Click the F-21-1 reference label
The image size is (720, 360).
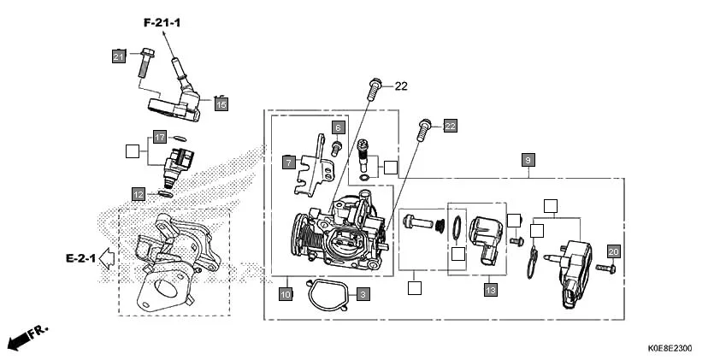click(x=162, y=22)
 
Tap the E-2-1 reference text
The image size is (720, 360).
click(x=80, y=257)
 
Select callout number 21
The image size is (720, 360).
click(x=118, y=56)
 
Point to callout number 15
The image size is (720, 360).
click(x=221, y=104)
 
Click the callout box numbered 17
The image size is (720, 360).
click(x=159, y=137)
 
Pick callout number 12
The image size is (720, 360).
click(x=138, y=193)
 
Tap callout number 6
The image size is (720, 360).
click(x=338, y=127)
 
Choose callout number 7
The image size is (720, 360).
click(x=289, y=160)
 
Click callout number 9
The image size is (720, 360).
click(x=528, y=160)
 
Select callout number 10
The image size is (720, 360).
click(x=286, y=294)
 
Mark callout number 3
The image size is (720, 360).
click(x=363, y=294)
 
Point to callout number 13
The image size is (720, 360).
click(x=490, y=291)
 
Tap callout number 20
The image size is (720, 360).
click(x=612, y=251)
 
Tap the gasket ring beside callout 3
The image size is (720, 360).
click(x=325, y=295)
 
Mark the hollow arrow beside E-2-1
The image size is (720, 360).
click(x=107, y=257)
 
